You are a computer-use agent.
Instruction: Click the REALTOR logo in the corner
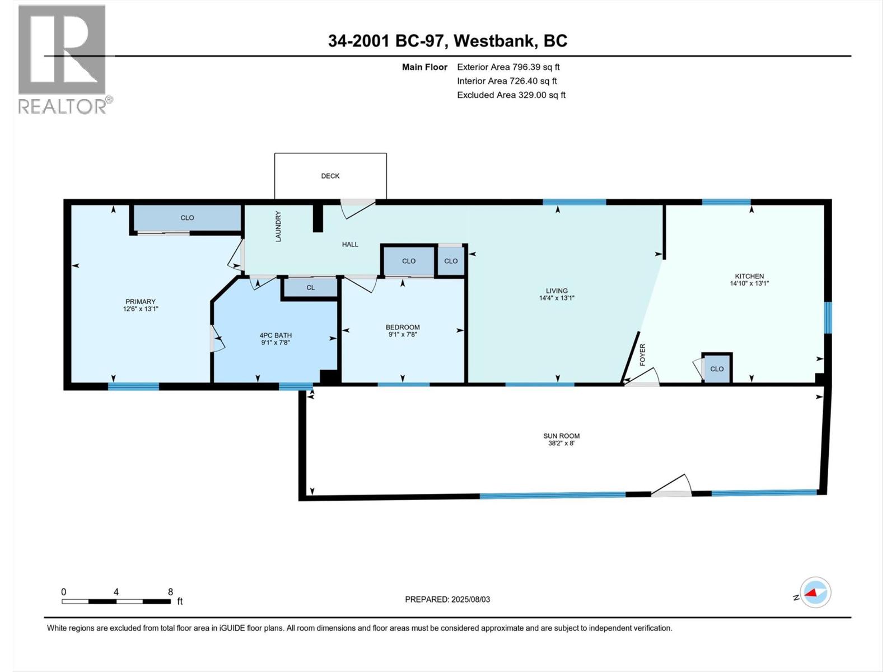65,59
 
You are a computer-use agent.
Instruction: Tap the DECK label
330,176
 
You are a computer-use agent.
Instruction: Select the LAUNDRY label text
278,226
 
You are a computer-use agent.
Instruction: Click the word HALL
350,244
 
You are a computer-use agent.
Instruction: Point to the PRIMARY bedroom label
141,305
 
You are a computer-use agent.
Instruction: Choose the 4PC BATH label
276,339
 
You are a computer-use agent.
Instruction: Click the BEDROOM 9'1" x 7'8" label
403,330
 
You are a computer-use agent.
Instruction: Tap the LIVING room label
557,294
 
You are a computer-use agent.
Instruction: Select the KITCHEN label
749,279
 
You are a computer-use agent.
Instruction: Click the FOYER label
643,354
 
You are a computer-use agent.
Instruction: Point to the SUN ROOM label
561,440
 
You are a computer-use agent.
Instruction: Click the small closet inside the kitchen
717,368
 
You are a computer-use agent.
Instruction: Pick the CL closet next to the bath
311,288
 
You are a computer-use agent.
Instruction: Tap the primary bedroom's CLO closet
188,218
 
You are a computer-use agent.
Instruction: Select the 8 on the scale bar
170,591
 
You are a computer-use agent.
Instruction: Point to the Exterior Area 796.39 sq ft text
508,67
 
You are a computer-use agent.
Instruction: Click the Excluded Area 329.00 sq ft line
511,95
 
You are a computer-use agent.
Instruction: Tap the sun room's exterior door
671,486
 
